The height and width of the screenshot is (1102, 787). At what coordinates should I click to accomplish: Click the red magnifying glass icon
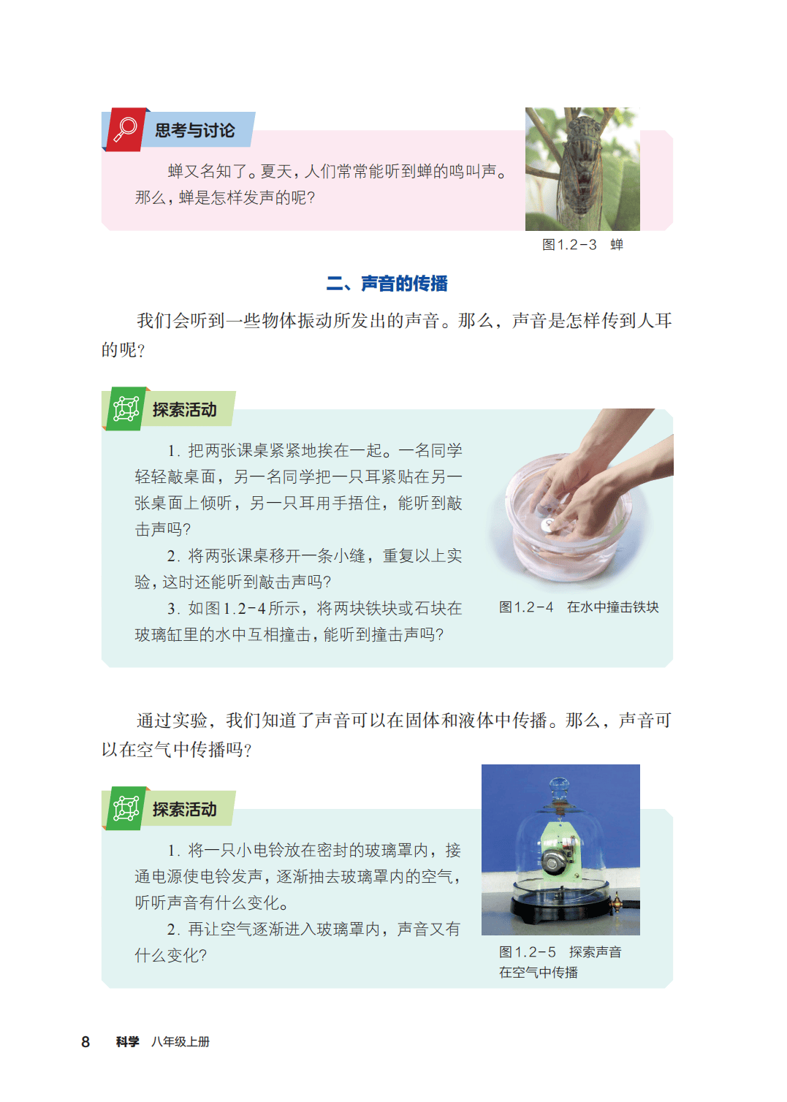125,129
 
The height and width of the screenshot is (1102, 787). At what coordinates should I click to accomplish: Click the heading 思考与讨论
195,130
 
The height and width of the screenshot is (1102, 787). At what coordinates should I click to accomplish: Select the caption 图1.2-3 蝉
582,245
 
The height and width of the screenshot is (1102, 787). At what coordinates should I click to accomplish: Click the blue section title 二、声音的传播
387,284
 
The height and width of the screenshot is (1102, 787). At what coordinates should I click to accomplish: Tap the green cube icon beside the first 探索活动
126,408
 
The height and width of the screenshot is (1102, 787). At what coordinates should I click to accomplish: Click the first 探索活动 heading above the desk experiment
184,410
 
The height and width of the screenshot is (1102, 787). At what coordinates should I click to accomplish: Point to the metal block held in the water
549,524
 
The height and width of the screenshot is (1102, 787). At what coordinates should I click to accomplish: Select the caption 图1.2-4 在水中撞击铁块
579,607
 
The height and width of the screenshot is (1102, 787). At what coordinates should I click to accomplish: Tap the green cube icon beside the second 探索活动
126,809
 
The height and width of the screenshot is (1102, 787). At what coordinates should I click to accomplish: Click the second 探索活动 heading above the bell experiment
184,810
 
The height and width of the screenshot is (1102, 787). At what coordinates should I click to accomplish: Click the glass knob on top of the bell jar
559,786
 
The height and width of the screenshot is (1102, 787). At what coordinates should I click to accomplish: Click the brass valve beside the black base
616,902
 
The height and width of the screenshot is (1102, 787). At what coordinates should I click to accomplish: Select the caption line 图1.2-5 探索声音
560,952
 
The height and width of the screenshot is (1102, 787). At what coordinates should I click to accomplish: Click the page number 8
85,1042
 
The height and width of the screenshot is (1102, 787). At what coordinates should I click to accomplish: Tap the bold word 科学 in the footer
127,1042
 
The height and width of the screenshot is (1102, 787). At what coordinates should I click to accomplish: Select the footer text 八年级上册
180,1042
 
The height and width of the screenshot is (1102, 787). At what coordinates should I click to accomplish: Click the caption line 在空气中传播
538,973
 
